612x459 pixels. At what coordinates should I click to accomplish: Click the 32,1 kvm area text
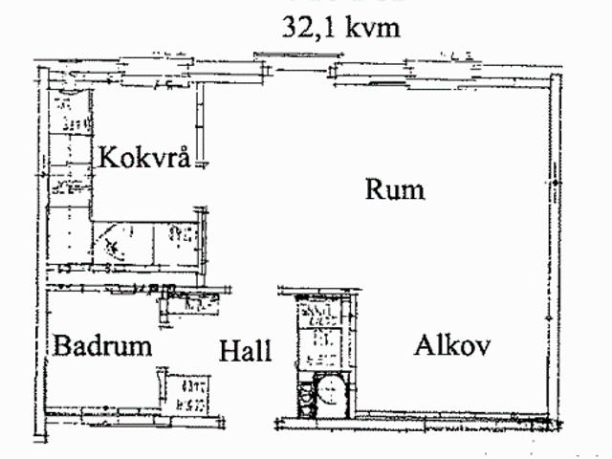coord(339,27)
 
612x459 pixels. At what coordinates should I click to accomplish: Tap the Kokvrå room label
coord(147,155)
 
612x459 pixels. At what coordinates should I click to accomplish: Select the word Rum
coord(395,189)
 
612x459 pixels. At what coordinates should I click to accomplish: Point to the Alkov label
coord(452,345)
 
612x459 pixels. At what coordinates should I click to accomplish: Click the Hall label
coord(246,351)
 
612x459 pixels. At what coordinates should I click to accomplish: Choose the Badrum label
coord(102,345)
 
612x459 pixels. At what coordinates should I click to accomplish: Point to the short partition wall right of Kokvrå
coord(204,124)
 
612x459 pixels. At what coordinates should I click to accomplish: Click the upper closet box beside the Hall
coord(317,315)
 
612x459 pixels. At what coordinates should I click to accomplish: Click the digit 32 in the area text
coord(295,27)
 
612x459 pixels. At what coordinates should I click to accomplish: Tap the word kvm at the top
coord(371,27)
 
